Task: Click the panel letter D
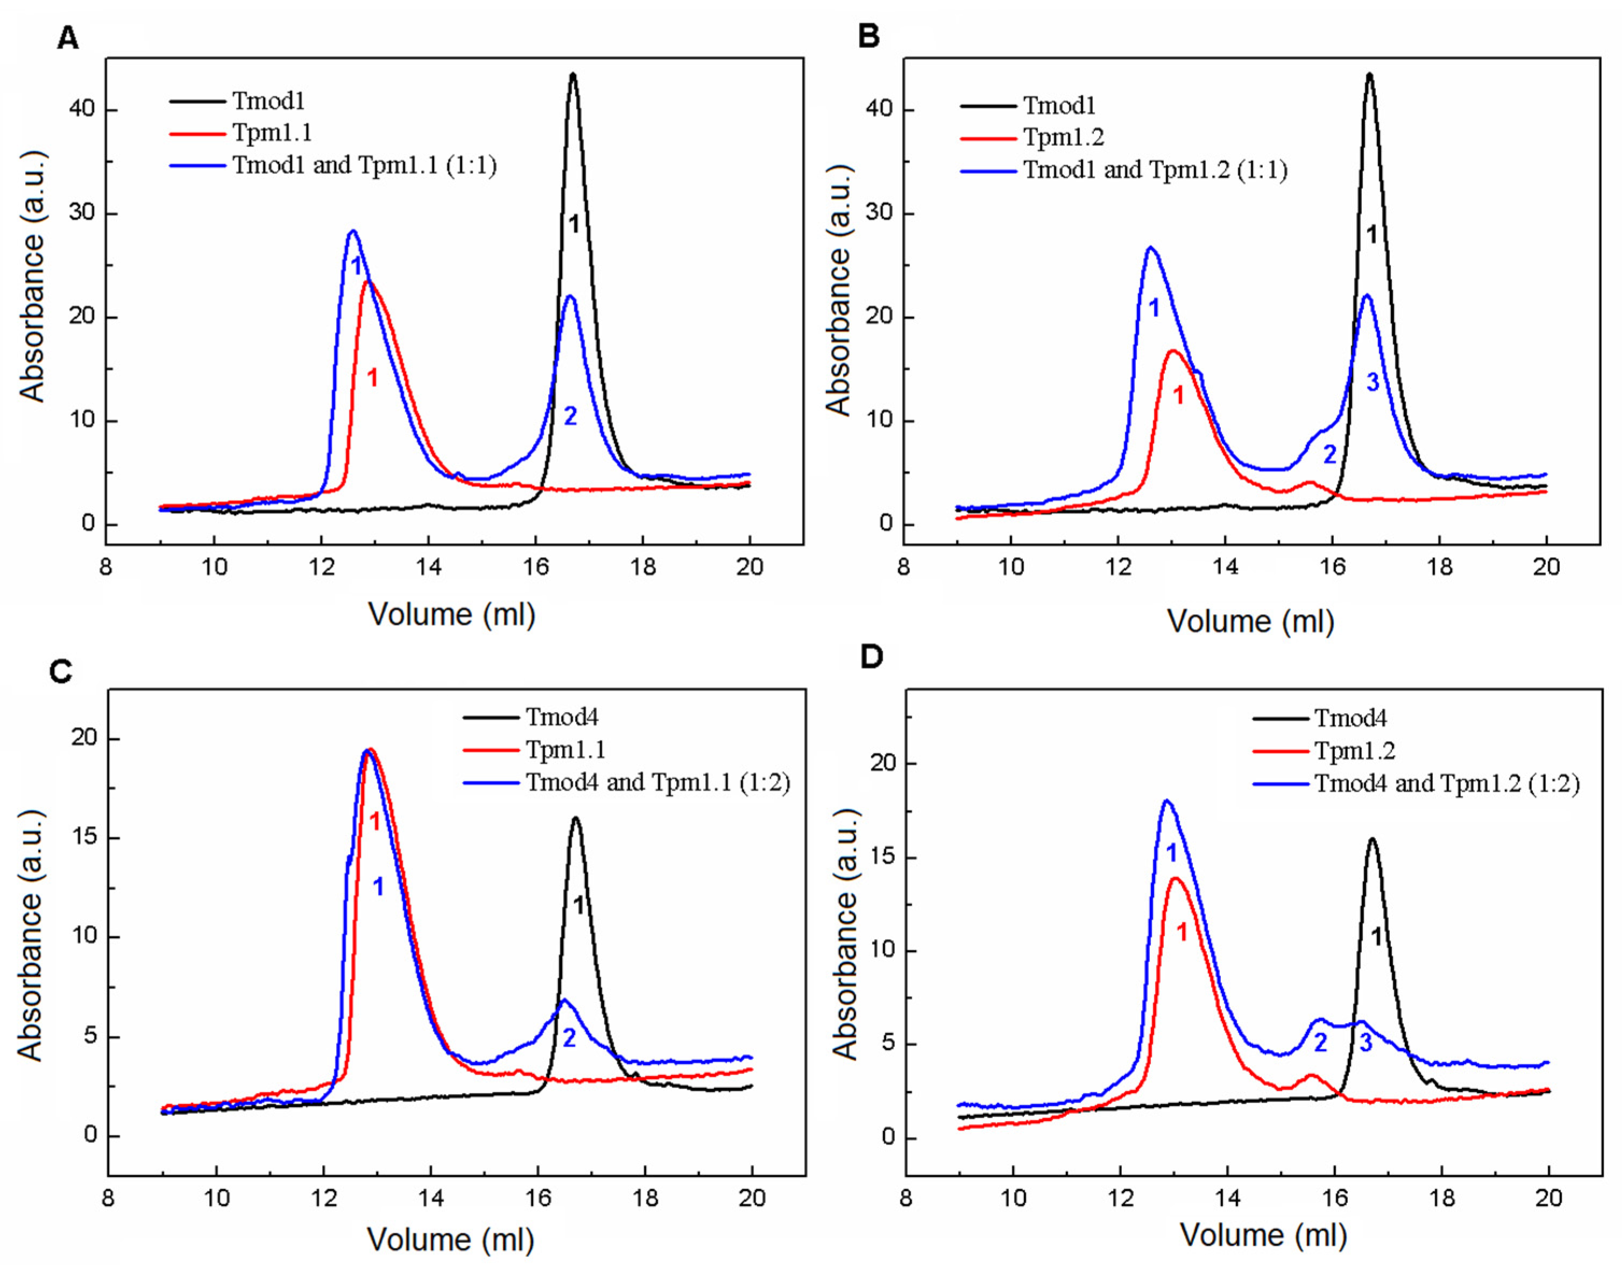click(871, 657)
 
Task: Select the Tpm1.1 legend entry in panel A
click(272, 133)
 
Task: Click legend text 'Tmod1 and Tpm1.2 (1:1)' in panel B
click(1155, 170)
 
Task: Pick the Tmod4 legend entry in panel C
click(561, 717)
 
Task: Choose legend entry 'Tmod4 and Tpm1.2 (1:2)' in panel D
click(1447, 784)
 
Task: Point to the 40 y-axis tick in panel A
click(82, 109)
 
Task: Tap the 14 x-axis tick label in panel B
click(1226, 567)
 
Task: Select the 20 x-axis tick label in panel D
click(1548, 1198)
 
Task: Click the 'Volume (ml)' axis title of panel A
click(452, 615)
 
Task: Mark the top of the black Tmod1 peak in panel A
click(573, 74)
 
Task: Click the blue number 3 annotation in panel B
click(1372, 382)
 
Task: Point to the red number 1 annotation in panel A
click(373, 378)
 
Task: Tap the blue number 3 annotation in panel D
click(1366, 1043)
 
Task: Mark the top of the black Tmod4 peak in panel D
click(1372, 840)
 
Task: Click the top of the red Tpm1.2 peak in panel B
click(1173, 351)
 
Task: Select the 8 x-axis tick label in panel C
click(109, 1198)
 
